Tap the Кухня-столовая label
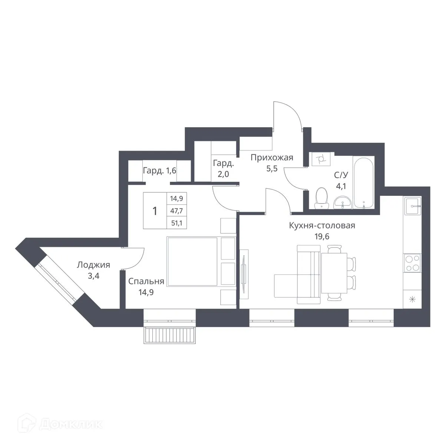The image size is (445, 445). (x=322, y=225)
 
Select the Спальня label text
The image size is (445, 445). (x=146, y=281)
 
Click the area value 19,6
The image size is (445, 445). (x=322, y=236)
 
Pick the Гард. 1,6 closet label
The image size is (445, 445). (x=159, y=171)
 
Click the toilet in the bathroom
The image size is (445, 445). (x=321, y=198)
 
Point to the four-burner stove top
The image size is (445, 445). (x=412, y=263)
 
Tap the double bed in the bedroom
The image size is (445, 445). (x=192, y=262)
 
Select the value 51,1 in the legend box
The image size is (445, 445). (x=174, y=222)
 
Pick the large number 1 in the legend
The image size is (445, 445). (x=155, y=211)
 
